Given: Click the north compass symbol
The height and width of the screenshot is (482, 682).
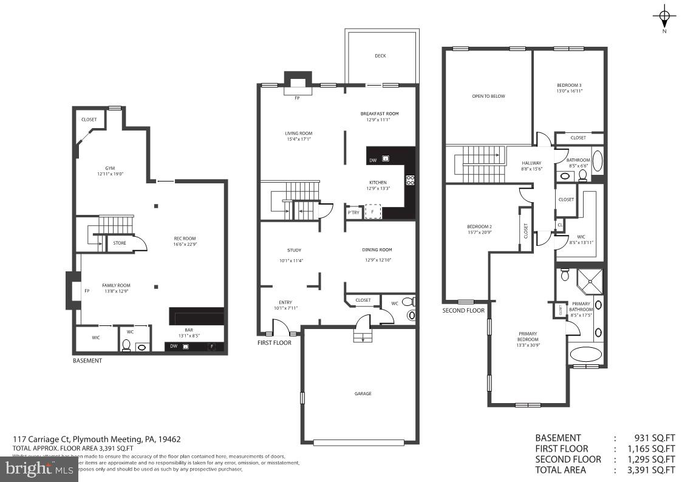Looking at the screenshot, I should coord(664,16).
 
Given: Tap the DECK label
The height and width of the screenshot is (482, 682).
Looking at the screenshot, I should coord(380,56).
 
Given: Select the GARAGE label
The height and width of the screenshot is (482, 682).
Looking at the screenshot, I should coord(363,393).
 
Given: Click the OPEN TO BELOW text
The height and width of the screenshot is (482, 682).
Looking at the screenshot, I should coord(489,96).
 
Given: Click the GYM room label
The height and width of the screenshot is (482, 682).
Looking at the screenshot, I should coord(109,168).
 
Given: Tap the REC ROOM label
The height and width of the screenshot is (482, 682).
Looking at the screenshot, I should coord(185,238).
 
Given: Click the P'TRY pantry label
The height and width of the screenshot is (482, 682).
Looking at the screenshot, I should coord(353,212).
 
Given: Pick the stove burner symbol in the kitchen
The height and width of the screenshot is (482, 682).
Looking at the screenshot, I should coord(409,180).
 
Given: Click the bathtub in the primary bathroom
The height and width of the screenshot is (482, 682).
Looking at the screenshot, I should coord(585,355).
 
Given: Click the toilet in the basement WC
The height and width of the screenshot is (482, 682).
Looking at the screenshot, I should coord(126,345).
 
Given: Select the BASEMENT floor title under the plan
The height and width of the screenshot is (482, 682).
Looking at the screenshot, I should coord(87,361).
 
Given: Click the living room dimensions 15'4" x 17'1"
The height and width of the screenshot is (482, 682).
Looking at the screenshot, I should coord(298,139).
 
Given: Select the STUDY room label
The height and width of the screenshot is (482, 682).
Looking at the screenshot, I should coord(294,250).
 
